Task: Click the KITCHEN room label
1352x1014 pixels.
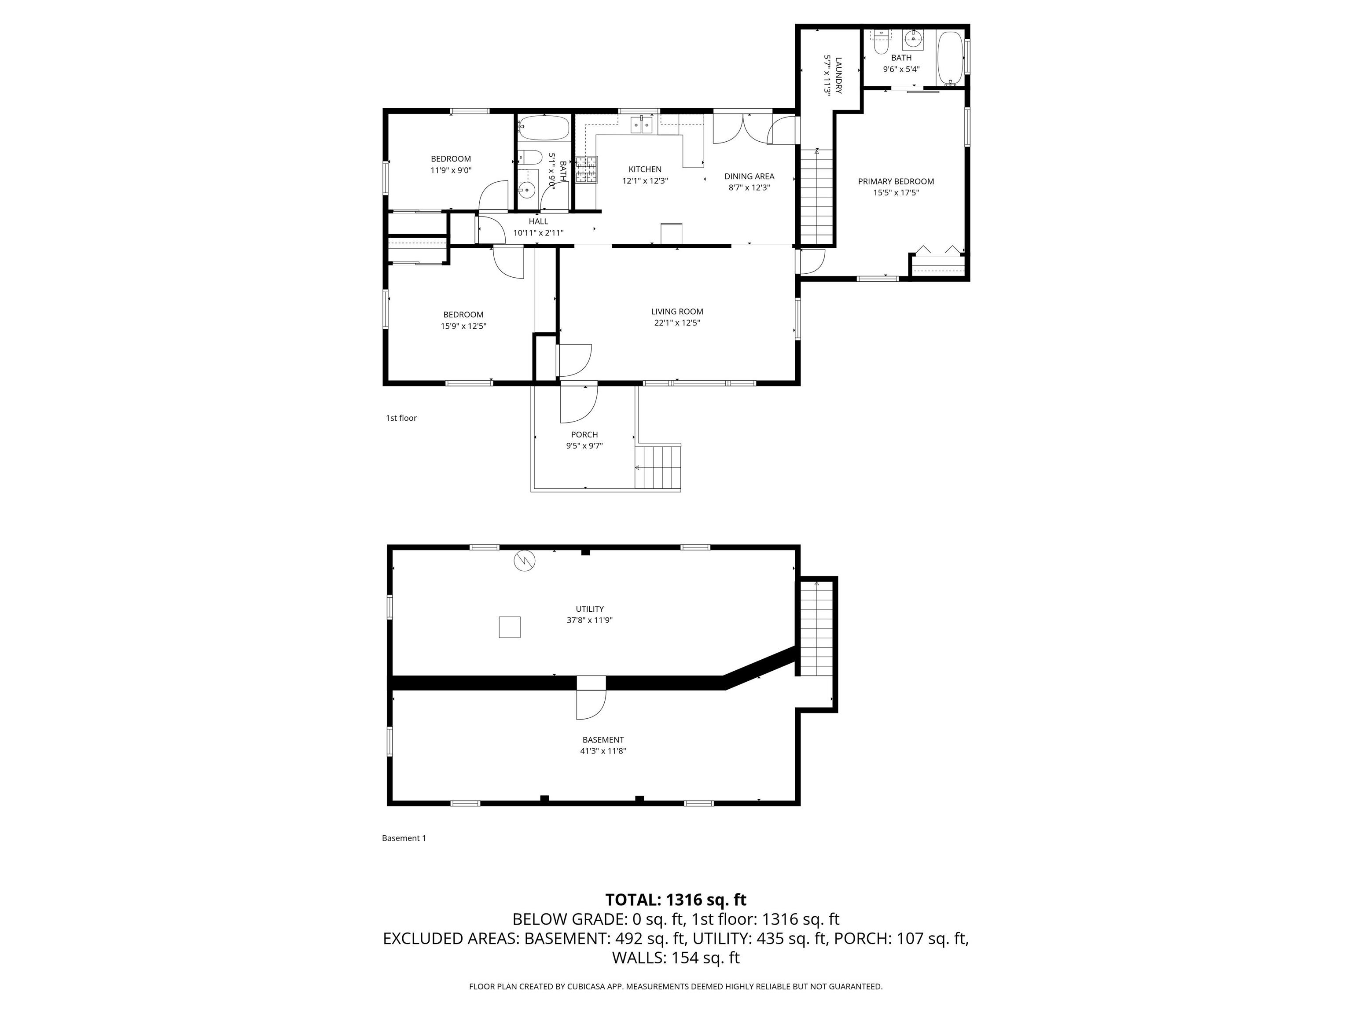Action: coord(645,169)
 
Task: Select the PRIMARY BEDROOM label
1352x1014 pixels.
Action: coord(896,181)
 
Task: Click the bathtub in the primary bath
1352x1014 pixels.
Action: coord(951,59)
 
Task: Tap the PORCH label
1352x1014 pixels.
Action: coord(584,434)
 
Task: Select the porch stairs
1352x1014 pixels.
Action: coord(658,467)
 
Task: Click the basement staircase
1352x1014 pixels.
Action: coord(816,628)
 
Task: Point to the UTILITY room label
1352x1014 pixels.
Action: coord(590,609)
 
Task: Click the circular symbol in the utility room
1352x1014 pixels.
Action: coord(525,561)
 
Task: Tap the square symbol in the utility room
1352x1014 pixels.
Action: coord(510,627)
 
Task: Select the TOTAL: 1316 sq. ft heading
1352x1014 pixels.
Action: coord(676,900)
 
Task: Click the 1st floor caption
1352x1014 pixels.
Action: coord(401,418)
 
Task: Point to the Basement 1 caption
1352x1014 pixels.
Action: coord(404,838)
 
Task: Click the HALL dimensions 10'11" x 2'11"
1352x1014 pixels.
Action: coord(539,233)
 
